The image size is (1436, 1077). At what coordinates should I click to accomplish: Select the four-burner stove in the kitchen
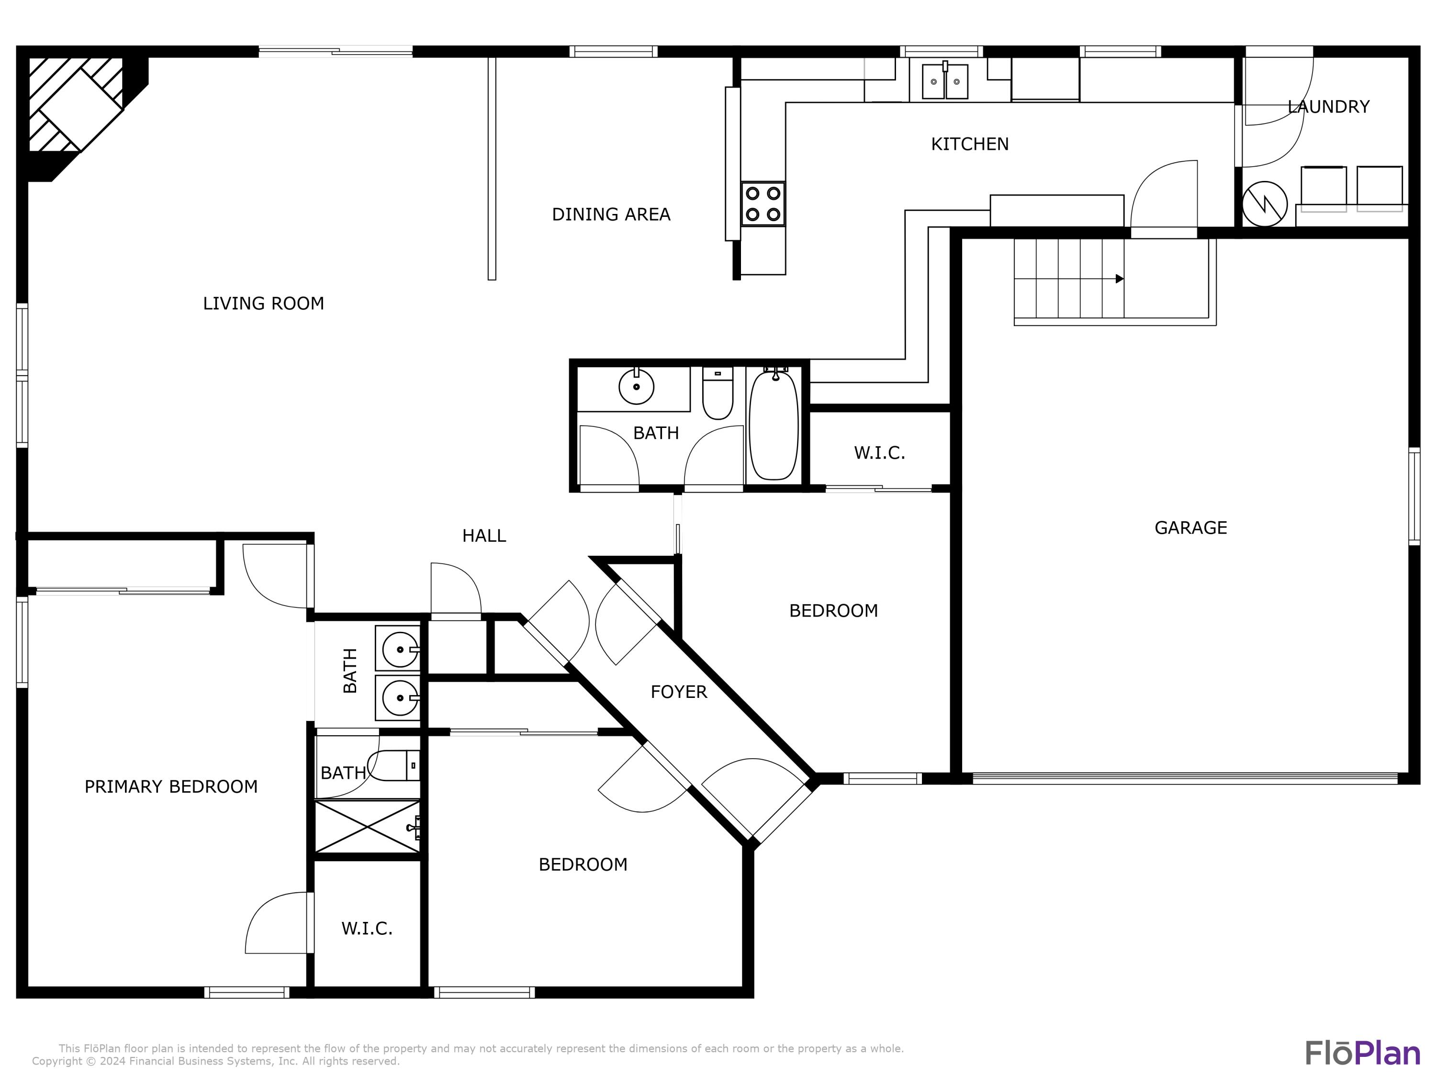763,204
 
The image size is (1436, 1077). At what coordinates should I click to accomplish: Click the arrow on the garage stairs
1119,279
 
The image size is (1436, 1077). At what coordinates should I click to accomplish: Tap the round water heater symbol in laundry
1264,204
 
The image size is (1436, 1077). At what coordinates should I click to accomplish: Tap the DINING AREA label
610,214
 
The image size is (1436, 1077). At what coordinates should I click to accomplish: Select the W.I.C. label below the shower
367,928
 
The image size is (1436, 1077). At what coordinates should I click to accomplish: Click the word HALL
483,536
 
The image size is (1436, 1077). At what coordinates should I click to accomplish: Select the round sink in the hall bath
636,387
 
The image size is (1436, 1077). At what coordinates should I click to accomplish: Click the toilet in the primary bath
393,766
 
